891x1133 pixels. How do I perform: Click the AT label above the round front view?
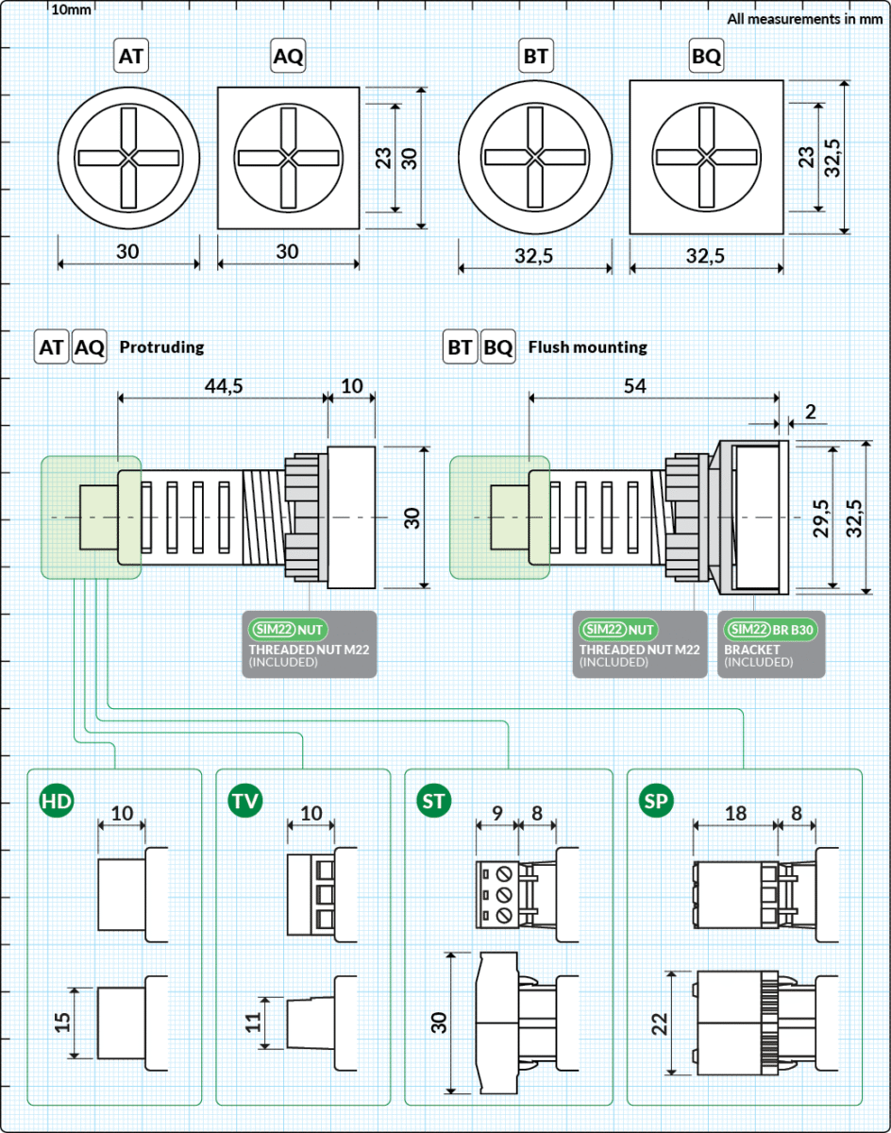(131, 56)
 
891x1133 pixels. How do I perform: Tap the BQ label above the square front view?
(706, 56)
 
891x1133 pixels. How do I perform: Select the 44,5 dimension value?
(224, 386)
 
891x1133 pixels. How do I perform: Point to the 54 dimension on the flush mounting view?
(634, 386)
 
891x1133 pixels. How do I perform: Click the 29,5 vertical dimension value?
(821, 518)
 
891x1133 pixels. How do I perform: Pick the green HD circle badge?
(57, 801)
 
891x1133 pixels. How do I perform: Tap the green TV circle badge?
(245, 801)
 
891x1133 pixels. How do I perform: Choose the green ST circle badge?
(433, 801)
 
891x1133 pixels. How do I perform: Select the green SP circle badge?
(656, 801)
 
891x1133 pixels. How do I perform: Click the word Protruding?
(161, 347)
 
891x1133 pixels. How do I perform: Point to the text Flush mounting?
(588, 347)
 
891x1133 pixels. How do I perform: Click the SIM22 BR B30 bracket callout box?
(771, 644)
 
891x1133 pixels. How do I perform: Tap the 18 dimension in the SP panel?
(735, 814)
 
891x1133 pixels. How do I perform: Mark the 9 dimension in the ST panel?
(497, 814)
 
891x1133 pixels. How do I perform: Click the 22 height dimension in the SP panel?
(660, 1023)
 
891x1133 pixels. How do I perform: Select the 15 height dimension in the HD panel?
(62, 1022)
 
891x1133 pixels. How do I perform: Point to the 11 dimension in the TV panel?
(253, 1022)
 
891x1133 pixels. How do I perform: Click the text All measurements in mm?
(805, 19)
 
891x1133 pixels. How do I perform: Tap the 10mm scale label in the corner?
(71, 9)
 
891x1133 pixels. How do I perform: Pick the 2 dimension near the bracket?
(811, 412)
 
